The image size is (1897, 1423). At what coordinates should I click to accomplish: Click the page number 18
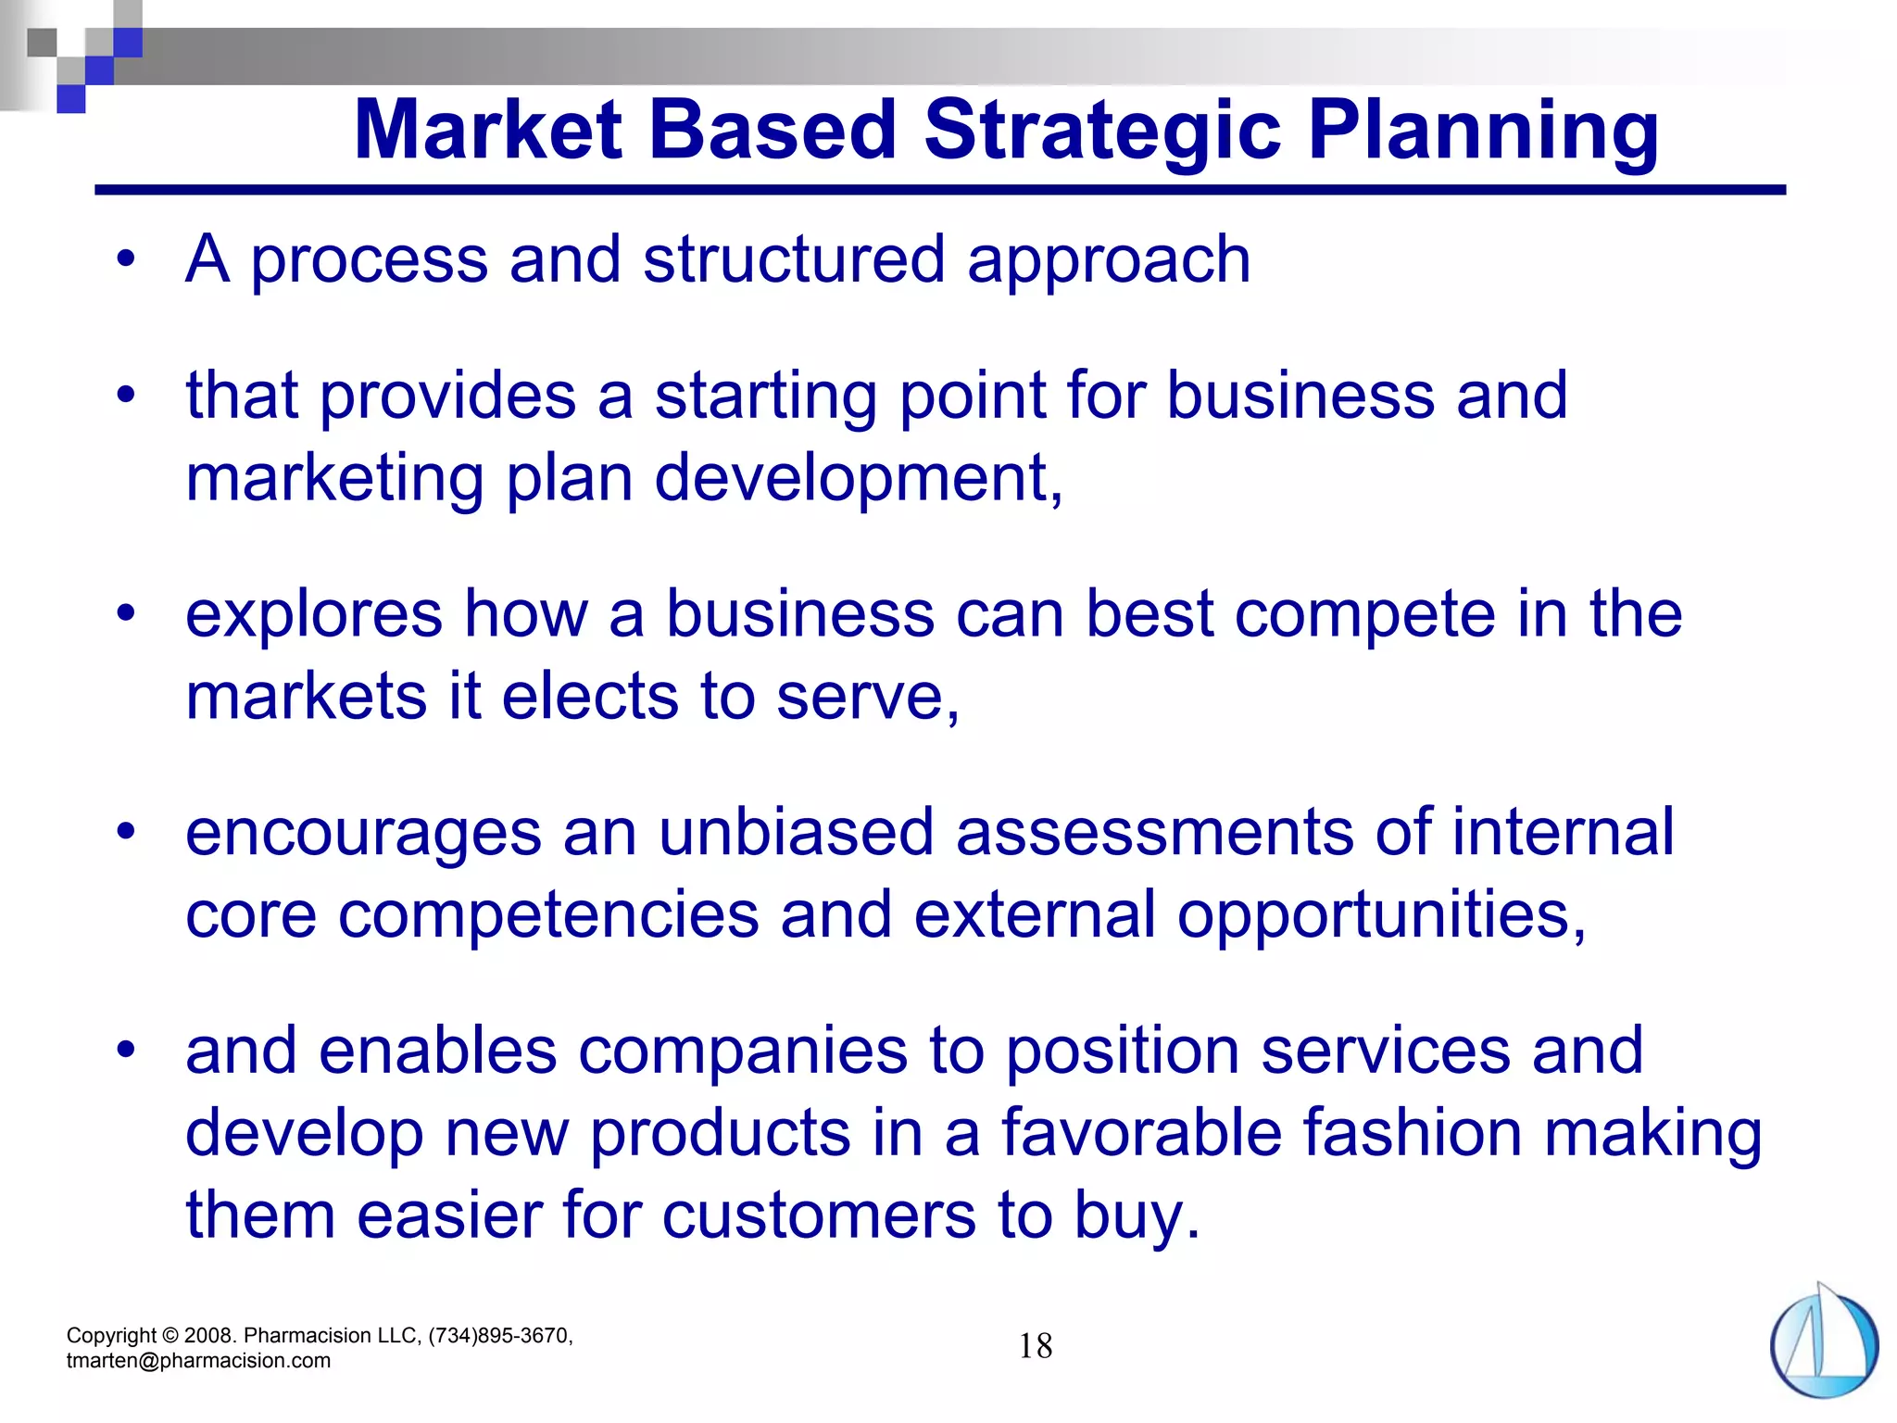1036,1346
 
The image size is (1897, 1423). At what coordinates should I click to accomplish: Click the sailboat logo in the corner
1823,1341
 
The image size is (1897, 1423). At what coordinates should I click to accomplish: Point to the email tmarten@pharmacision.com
198,1361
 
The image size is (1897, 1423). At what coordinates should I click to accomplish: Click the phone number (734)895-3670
500,1336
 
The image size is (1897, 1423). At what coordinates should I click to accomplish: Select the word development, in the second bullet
859,479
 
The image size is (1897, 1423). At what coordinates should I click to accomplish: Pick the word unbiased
796,832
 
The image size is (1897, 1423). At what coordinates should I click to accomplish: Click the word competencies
547,915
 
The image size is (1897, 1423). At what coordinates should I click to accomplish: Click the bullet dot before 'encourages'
127,831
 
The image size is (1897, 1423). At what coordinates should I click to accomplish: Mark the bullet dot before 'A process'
127,258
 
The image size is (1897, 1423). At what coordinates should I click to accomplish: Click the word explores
314,615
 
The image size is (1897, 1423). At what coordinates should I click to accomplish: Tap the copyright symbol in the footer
170,1336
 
